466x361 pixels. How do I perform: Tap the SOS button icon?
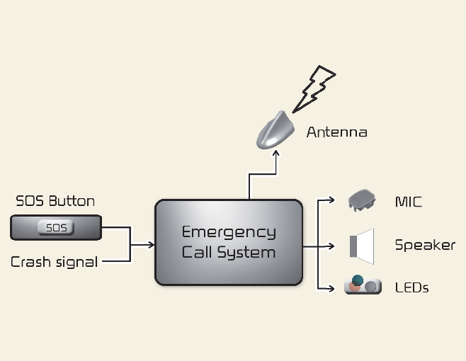(56, 228)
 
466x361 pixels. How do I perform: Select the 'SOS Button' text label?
(55, 201)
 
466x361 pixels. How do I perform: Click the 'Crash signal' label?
(54, 262)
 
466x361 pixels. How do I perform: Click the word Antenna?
(336, 132)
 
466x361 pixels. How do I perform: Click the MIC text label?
(408, 202)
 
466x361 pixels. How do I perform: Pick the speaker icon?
(362, 245)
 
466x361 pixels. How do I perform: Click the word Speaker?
(424, 246)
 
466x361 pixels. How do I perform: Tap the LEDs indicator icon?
(363, 285)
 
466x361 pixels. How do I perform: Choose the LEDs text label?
(411, 287)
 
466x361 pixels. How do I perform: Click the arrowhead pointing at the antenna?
(276, 157)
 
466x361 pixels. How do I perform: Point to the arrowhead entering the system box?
(151, 245)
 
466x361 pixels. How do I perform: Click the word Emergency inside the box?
(229, 232)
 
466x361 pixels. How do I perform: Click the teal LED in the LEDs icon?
(358, 280)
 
